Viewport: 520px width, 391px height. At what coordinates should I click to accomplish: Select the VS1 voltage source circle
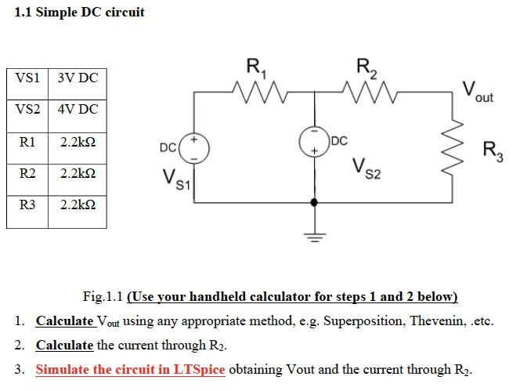pyautogui.click(x=194, y=147)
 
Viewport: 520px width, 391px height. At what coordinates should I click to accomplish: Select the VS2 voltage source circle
pyautogui.click(x=315, y=142)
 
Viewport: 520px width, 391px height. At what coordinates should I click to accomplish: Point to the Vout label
pyautogui.click(x=478, y=91)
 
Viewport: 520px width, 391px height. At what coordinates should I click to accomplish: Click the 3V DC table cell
pyautogui.click(x=77, y=78)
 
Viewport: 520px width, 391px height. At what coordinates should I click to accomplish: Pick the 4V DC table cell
pyautogui.click(x=77, y=110)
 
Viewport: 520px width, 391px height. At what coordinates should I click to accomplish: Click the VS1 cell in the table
pyautogui.click(x=27, y=78)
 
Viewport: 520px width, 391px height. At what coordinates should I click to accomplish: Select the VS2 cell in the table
pyautogui.click(x=27, y=110)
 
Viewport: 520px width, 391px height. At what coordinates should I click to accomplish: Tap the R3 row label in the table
pyautogui.click(x=27, y=206)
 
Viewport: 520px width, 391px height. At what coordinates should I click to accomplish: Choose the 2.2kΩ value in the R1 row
pyautogui.click(x=77, y=143)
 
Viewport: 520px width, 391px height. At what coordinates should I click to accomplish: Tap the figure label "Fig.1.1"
pyautogui.click(x=103, y=297)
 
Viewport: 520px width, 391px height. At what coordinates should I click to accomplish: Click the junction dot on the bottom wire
pyautogui.click(x=315, y=202)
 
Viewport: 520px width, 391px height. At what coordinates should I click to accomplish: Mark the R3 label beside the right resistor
pyautogui.click(x=492, y=149)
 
